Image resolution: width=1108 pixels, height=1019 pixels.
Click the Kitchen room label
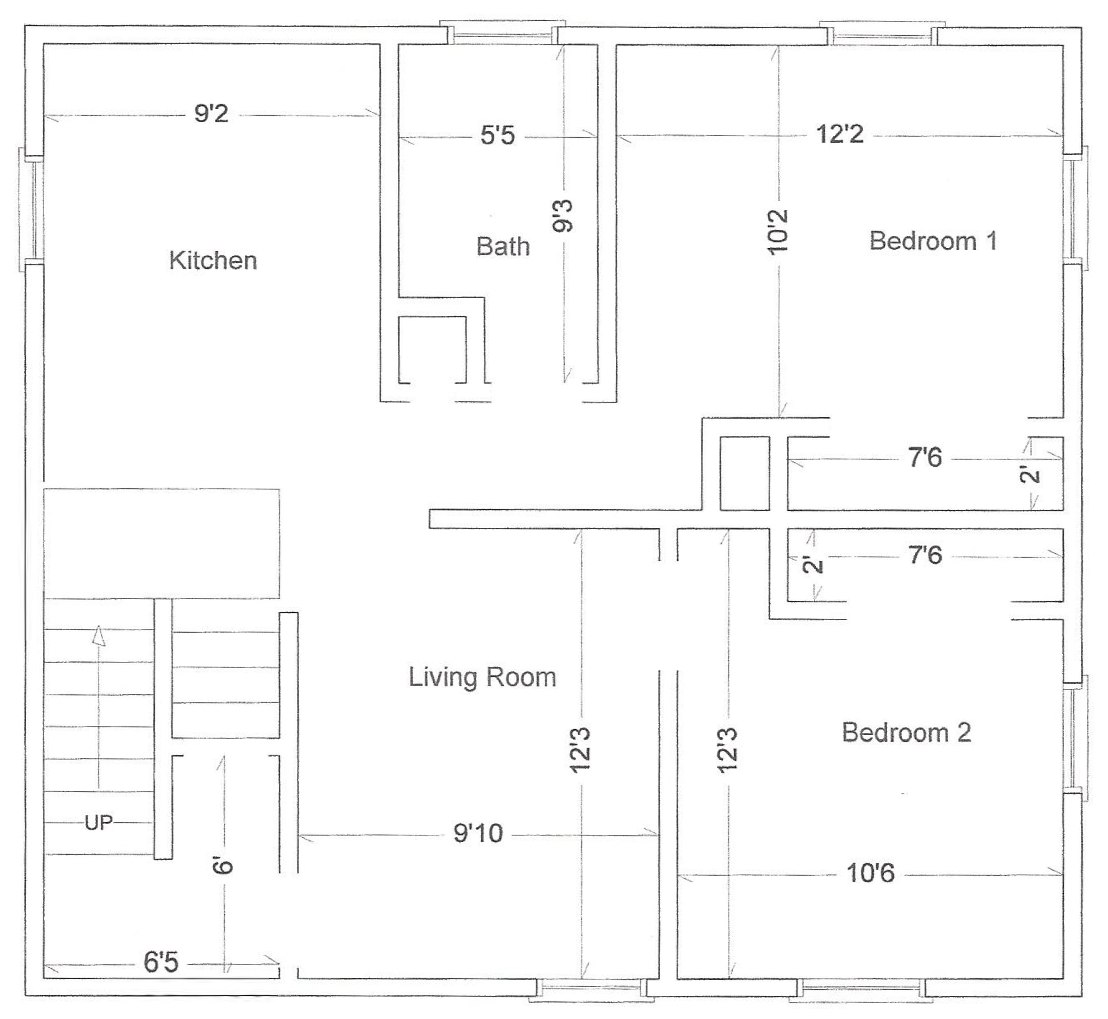coord(213,260)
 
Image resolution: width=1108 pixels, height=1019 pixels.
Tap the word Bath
coord(502,246)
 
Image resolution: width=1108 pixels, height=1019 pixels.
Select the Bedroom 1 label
coord(933,241)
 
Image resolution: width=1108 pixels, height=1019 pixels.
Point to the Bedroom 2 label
coord(906,732)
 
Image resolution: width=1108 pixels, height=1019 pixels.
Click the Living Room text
coord(482,677)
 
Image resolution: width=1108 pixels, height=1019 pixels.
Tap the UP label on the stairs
coord(99,823)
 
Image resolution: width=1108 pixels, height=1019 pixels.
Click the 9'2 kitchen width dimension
coord(211,114)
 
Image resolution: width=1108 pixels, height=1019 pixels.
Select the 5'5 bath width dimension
coord(498,135)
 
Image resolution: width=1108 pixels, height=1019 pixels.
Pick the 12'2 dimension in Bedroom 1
coord(840,134)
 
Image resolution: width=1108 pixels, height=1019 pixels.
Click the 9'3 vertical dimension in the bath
coord(564,216)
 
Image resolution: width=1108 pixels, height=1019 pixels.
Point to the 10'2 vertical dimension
coord(778,231)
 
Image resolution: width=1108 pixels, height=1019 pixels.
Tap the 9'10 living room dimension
coord(478,833)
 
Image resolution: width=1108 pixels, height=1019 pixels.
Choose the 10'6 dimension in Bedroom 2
coord(871,873)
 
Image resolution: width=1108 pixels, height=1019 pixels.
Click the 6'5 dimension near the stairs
coord(161,962)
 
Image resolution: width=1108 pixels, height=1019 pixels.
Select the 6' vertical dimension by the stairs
coord(223,865)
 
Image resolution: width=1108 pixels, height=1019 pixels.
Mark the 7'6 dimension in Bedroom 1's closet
coord(925,457)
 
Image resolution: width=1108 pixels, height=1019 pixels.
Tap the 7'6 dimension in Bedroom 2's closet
coord(925,555)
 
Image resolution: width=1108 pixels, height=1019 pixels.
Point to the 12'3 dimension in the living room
coord(581,750)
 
